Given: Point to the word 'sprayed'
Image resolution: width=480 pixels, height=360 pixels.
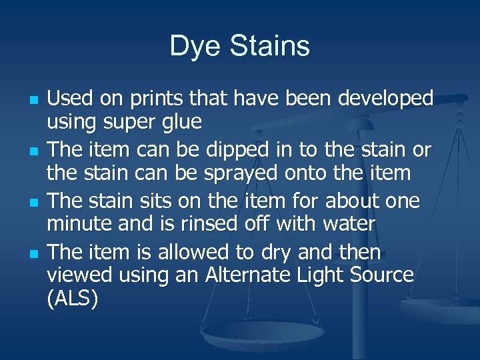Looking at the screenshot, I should (217, 174).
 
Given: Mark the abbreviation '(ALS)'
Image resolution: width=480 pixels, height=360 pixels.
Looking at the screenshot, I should (73, 300).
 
